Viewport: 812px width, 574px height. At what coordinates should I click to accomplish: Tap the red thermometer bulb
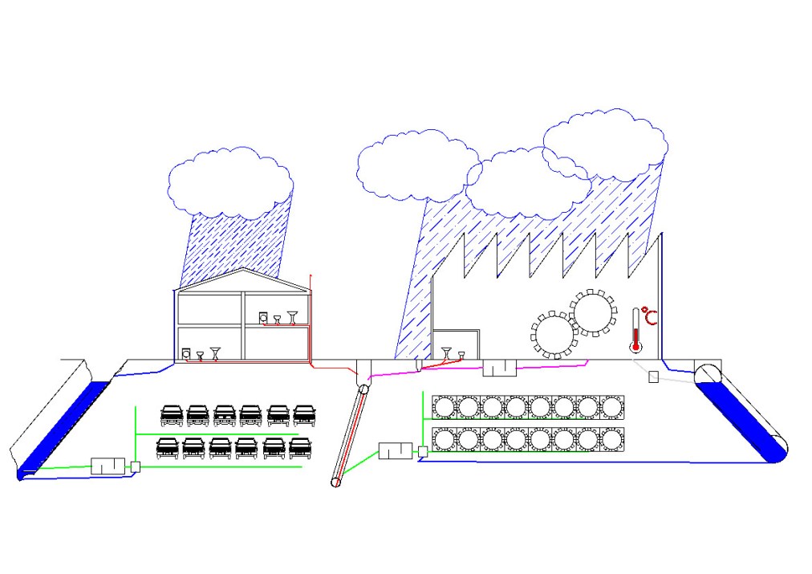click(x=636, y=348)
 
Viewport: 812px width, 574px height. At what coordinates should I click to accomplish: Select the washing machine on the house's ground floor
click(x=187, y=354)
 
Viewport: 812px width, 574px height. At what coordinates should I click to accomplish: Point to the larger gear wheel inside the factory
click(x=594, y=313)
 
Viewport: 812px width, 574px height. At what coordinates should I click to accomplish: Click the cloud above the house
click(x=229, y=183)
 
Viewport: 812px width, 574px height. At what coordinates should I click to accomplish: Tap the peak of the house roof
click(x=243, y=270)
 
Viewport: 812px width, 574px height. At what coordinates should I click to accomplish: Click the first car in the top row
click(x=172, y=414)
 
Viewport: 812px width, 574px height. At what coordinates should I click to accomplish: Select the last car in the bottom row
click(x=298, y=447)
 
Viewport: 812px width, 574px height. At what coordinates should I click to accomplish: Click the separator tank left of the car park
click(x=108, y=466)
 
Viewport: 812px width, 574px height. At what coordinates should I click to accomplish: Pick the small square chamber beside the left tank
click(x=136, y=466)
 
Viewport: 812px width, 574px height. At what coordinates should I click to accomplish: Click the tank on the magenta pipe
click(x=497, y=368)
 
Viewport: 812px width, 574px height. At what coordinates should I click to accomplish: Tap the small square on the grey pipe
click(x=654, y=377)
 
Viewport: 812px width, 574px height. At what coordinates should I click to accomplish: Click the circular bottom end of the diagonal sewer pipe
click(x=338, y=482)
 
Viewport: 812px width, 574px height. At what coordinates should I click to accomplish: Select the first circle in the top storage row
click(x=444, y=407)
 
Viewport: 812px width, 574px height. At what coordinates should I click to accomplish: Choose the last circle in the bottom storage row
click(x=612, y=440)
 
